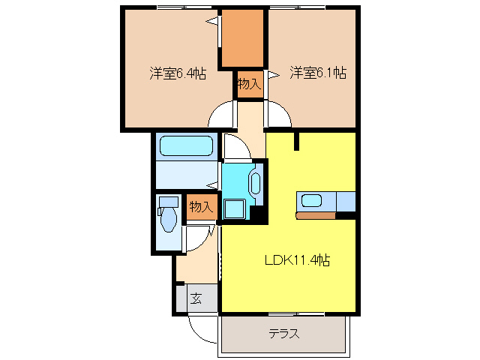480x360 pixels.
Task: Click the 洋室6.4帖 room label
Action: click(177, 73)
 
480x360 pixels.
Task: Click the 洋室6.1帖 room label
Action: click(318, 73)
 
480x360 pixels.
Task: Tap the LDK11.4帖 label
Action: click(298, 261)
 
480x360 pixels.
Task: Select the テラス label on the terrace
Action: click(284, 334)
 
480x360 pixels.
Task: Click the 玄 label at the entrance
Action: click(196, 298)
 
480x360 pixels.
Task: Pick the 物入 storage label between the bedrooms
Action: click(249, 84)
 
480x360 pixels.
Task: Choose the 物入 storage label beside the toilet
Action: click(200, 206)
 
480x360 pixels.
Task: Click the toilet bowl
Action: click(168, 220)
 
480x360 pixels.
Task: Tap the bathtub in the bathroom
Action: click(187, 145)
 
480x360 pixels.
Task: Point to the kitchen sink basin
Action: click(311, 201)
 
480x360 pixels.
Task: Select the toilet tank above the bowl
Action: click(168, 202)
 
